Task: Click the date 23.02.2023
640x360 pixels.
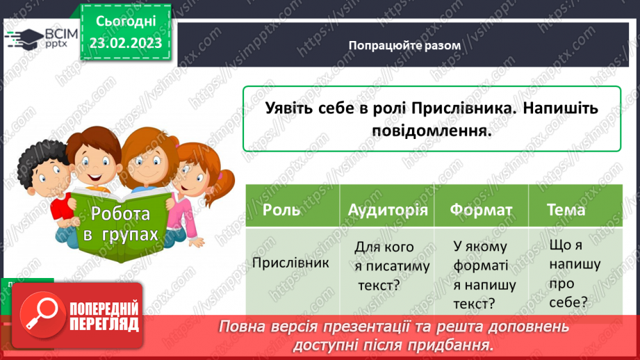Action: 125,43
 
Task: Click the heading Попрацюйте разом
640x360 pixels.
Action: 404,45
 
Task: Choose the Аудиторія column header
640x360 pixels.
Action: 387,209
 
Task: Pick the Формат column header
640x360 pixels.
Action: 481,209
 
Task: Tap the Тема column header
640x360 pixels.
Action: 566,209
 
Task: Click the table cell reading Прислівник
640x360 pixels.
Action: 291,263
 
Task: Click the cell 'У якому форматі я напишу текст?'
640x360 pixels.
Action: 480,274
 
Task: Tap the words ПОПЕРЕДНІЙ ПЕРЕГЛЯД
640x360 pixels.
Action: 104,317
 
